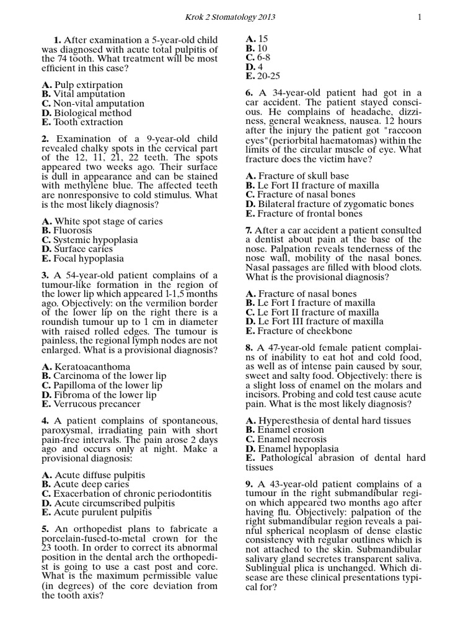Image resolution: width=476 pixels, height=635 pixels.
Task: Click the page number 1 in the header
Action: [420, 17]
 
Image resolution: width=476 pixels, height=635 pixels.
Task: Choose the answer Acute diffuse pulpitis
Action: [94, 475]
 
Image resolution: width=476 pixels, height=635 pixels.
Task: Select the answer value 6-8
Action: [257, 57]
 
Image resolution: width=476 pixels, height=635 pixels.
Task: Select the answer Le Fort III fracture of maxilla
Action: [314, 322]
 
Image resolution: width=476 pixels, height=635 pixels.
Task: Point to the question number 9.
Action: [249, 484]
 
